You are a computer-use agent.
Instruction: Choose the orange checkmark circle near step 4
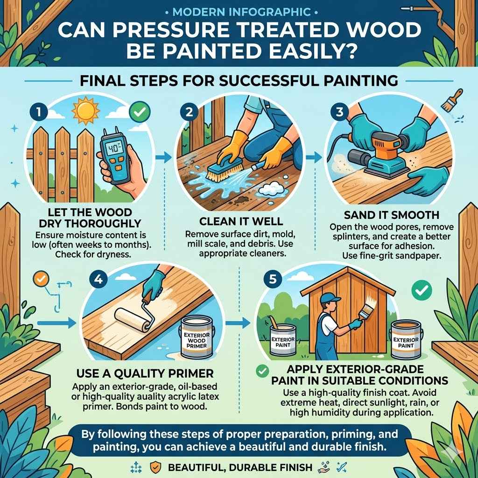(x=42, y=278)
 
